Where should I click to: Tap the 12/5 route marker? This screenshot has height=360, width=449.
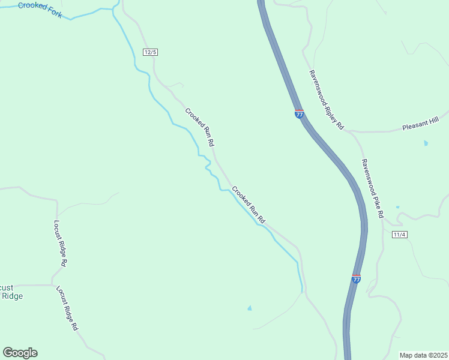click(150, 52)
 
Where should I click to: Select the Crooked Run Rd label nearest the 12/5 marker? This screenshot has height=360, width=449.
click(199, 127)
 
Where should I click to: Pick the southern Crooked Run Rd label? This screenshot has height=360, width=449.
click(249, 204)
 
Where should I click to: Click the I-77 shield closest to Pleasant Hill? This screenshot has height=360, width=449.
click(300, 113)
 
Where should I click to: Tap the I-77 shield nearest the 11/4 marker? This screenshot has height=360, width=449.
click(356, 279)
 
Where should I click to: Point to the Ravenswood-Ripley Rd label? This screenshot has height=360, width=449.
click(326, 100)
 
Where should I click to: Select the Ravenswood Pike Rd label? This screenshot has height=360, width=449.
click(372, 188)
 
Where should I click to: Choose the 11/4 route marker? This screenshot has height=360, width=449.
click(400, 234)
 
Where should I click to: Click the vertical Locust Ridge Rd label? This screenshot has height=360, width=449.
click(59, 242)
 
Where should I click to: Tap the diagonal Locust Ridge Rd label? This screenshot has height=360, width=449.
click(67, 308)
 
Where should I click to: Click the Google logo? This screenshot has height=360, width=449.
click(20, 353)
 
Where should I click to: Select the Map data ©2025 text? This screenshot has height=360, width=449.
click(423, 355)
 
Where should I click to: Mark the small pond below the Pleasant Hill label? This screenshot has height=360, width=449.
click(426, 143)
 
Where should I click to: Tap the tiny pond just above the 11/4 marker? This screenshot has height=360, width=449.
click(397, 207)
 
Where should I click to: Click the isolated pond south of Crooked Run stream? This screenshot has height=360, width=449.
click(250, 308)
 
